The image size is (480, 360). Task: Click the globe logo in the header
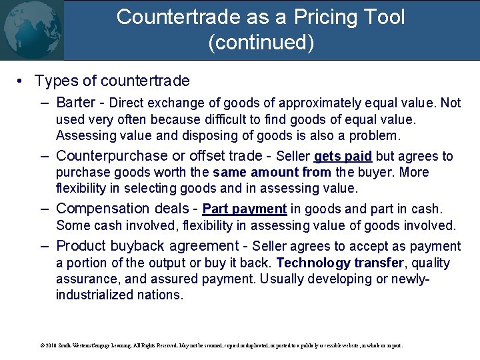click(31, 30)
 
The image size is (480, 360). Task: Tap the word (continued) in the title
click(261, 43)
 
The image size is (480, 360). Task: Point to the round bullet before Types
click(21, 81)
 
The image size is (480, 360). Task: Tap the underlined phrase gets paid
click(343, 157)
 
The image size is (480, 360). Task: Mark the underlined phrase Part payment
click(244, 209)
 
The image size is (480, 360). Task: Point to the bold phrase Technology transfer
click(339, 263)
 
